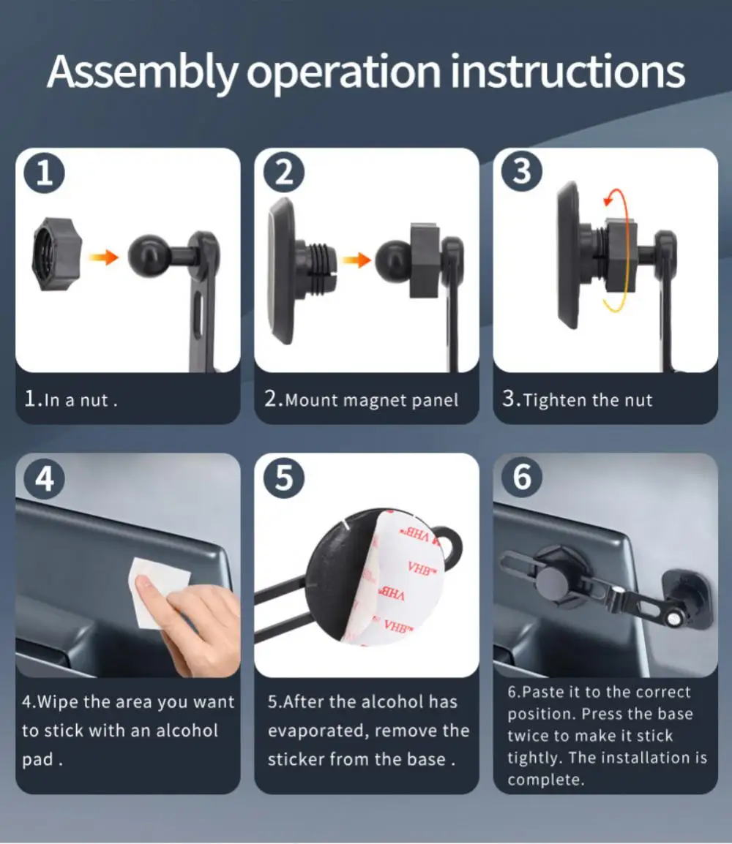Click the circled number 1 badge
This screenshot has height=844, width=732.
coord(44,173)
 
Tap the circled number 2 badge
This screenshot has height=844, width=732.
coord(284,173)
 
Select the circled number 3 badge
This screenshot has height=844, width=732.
coord(522,171)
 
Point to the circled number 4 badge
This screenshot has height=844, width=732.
coord(44,478)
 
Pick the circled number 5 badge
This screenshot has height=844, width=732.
coord(284,478)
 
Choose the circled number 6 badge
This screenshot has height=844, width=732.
coord(522,477)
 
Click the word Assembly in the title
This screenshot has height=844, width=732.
coord(143,72)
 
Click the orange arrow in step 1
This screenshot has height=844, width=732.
coord(103,257)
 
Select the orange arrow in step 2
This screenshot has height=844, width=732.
coord(356,260)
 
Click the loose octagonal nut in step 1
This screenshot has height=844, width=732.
coord(56,255)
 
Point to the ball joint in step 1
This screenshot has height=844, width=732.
coord(147,256)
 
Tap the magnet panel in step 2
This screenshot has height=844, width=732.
coord(282,271)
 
